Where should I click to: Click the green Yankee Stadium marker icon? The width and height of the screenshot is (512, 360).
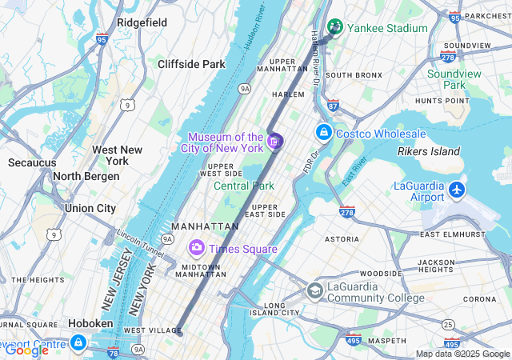(335, 27)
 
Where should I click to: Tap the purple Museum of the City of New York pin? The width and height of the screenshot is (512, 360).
(275, 142)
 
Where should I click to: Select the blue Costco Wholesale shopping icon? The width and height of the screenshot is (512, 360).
(324, 132)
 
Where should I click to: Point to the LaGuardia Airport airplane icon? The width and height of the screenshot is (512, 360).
(457, 190)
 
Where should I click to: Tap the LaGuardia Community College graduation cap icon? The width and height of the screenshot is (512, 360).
(315, 290)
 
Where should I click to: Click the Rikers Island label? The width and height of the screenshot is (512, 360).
(429, 151)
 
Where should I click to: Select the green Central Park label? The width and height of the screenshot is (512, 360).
(244, 186)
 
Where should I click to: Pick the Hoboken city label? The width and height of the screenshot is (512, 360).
(90, 323)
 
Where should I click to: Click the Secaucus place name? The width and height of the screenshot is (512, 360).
(32, 162)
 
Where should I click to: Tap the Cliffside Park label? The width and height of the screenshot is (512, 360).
(191, 64)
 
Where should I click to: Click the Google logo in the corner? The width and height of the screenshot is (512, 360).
(26, 350)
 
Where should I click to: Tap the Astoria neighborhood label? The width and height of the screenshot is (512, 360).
(342, 238)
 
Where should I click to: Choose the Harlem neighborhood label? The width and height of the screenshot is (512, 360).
(289, 94)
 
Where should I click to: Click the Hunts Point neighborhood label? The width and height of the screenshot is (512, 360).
(442, 101)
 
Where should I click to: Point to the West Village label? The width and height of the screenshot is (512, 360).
(146, 330)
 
